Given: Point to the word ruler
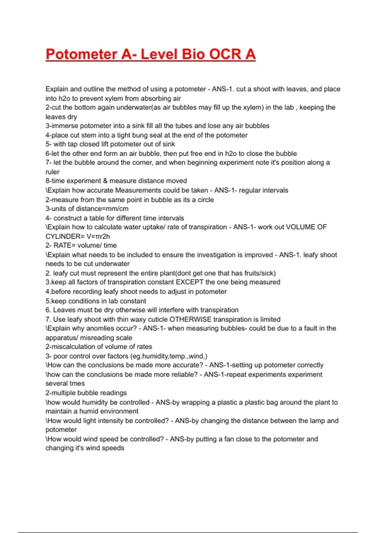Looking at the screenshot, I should coord(52,172).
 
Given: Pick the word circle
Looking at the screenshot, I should coord(206,200).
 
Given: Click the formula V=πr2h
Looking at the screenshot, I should coord(98,236).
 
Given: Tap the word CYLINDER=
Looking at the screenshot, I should coord(65,236).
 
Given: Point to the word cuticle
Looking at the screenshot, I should coord(157,319).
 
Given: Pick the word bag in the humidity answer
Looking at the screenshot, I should coord(272,402).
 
